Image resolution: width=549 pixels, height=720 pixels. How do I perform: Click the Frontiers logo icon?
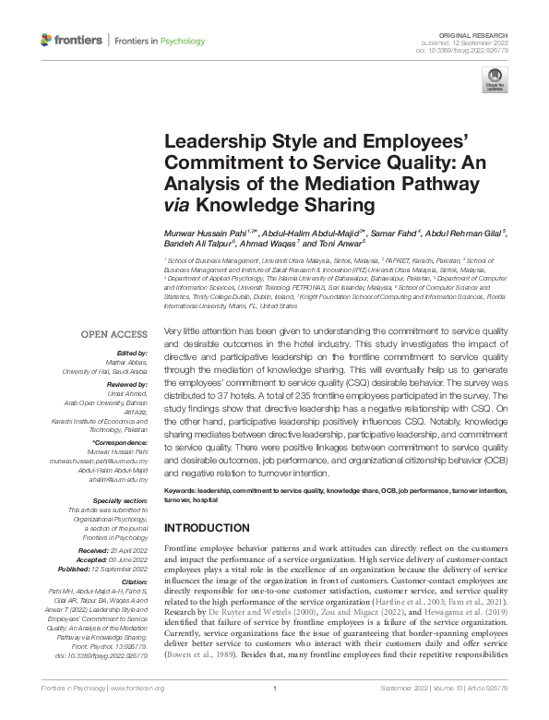(47, 40)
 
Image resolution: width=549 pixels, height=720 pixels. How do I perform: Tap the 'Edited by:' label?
(132, 354)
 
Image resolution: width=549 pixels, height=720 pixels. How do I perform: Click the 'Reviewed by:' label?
(127, 384)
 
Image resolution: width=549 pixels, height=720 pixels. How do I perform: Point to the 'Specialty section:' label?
(120, 499)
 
